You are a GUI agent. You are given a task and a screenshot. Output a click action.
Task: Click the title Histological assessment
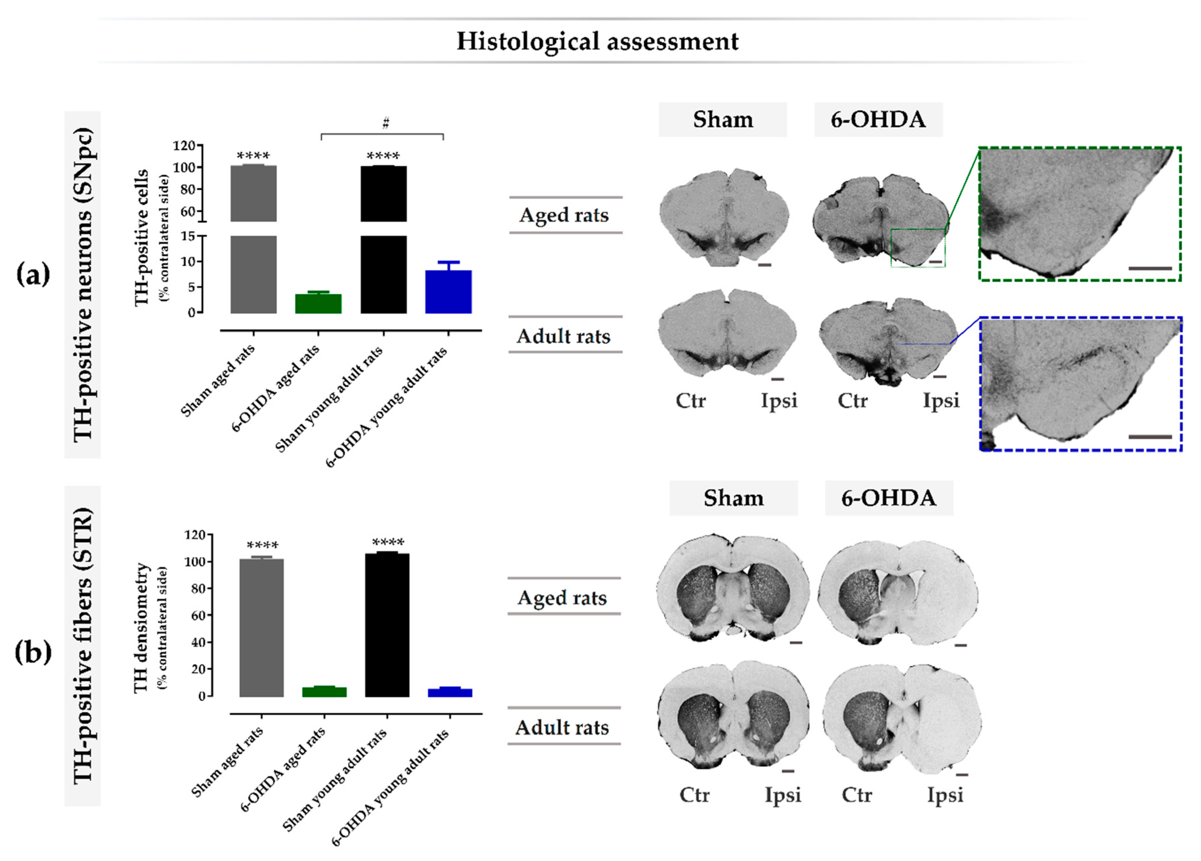597,41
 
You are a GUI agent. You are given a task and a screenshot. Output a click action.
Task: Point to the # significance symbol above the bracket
385,123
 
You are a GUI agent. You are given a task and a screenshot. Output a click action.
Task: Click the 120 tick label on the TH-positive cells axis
184,145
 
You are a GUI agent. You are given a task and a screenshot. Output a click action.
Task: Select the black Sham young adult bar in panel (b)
387,625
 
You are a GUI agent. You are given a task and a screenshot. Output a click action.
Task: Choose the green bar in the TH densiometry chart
324,692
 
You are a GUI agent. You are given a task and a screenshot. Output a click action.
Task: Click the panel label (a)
33,274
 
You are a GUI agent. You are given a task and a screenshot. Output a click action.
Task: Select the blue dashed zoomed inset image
1080,384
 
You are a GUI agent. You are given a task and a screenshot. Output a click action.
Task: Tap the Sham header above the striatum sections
734,498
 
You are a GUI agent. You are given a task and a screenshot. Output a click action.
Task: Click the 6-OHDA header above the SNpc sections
878,120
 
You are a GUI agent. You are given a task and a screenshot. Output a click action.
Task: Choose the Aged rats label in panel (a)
564,215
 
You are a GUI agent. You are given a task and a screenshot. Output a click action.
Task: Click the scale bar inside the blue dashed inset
1150,437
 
